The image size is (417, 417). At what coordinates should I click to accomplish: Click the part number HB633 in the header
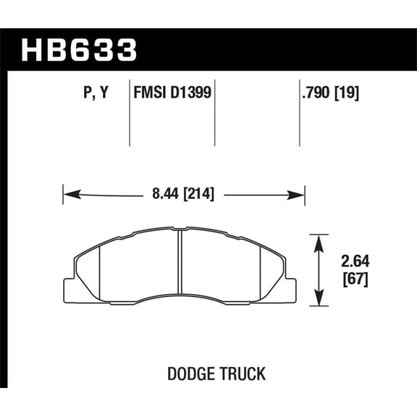pyautogui.click(x=79, y=51)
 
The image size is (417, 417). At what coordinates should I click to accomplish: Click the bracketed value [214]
pyautogui.click(x=198, y=194)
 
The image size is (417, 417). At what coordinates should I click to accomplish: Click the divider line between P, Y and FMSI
pyautogui.click(x=129, y=116)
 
